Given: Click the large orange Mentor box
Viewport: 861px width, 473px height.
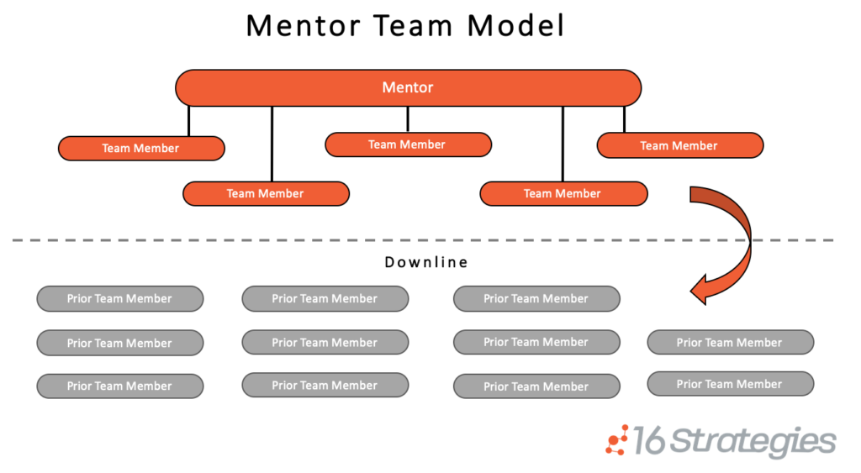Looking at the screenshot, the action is [408, 88].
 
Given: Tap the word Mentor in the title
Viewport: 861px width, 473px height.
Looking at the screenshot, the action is [303, 26].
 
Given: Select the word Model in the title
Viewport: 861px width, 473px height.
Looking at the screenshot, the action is [515, 26].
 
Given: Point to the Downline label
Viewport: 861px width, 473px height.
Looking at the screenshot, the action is [426, 262].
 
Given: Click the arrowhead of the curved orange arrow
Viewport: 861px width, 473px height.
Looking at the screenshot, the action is [700, 289].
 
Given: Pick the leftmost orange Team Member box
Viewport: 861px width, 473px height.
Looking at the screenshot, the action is [141, 148].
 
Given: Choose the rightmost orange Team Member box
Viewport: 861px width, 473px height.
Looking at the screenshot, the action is [679, 145].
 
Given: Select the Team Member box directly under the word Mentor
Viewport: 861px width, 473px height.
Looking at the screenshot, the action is [408, 145].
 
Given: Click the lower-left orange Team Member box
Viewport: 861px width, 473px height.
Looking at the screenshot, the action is [266, 194].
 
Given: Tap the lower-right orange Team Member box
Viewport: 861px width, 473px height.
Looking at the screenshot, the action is [563, 194].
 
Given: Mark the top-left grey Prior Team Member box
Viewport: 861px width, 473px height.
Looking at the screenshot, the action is [119, 298].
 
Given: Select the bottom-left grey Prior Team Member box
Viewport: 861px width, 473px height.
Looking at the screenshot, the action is [119, 386].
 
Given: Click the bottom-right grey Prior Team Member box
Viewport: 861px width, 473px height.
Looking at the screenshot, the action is [731, 384].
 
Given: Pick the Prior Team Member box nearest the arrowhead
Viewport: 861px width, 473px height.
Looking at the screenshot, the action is [731, 342].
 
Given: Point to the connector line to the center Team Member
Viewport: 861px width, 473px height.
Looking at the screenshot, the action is [408, 119].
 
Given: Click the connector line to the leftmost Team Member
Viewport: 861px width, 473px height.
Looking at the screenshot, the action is [189, 121].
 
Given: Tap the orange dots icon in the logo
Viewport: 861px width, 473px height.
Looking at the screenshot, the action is [617, 440].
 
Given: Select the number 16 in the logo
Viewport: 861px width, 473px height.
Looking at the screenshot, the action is [649, 440].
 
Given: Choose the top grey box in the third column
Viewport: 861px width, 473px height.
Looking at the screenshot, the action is [536, 298].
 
